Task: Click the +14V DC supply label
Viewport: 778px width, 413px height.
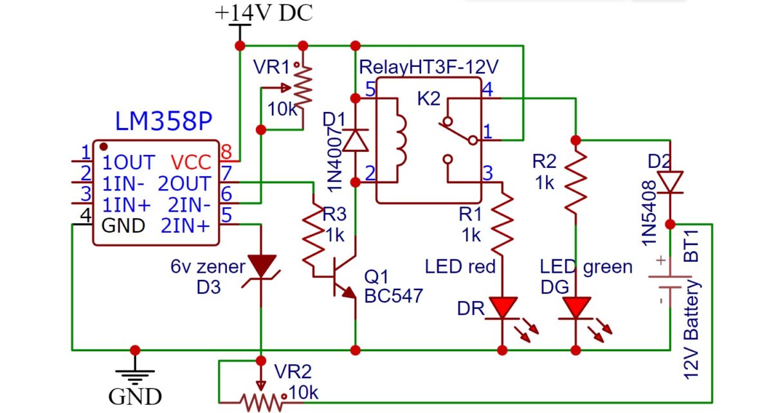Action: (264, 12)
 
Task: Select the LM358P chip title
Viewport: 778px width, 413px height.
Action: (163, 122)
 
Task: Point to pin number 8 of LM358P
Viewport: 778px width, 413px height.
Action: (226, 153)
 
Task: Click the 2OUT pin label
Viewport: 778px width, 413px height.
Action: (184, 183)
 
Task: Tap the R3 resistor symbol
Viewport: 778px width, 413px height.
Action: (313, 238)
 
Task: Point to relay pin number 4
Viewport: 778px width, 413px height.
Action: (487, 89)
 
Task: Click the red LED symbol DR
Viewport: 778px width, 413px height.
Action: (503, 307)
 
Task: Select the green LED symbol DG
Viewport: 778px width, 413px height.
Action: (575, 307)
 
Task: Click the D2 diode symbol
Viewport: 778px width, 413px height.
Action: (670, 182)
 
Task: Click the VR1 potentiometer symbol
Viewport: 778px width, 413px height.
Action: (303, 84)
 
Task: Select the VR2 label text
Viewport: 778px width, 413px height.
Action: (293, 371)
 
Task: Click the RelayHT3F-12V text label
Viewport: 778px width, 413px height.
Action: (429, 66)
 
